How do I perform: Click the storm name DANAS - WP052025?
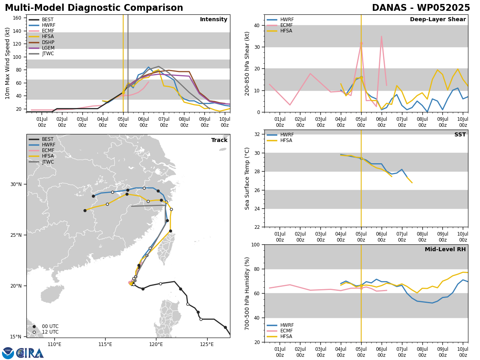[421, 8]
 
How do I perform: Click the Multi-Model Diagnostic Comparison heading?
[94, 8]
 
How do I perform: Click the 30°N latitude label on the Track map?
[16, 184]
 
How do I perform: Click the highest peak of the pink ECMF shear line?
[381, 36]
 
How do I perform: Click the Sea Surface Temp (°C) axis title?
[247, 178]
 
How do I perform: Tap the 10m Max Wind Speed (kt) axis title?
[7, 63]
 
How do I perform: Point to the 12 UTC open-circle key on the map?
[34, 332]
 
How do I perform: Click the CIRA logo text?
[30, 353]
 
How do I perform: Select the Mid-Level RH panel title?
[445, 249]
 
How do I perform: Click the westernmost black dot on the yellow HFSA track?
[85, 210]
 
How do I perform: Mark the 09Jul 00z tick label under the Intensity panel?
[205, 122]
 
